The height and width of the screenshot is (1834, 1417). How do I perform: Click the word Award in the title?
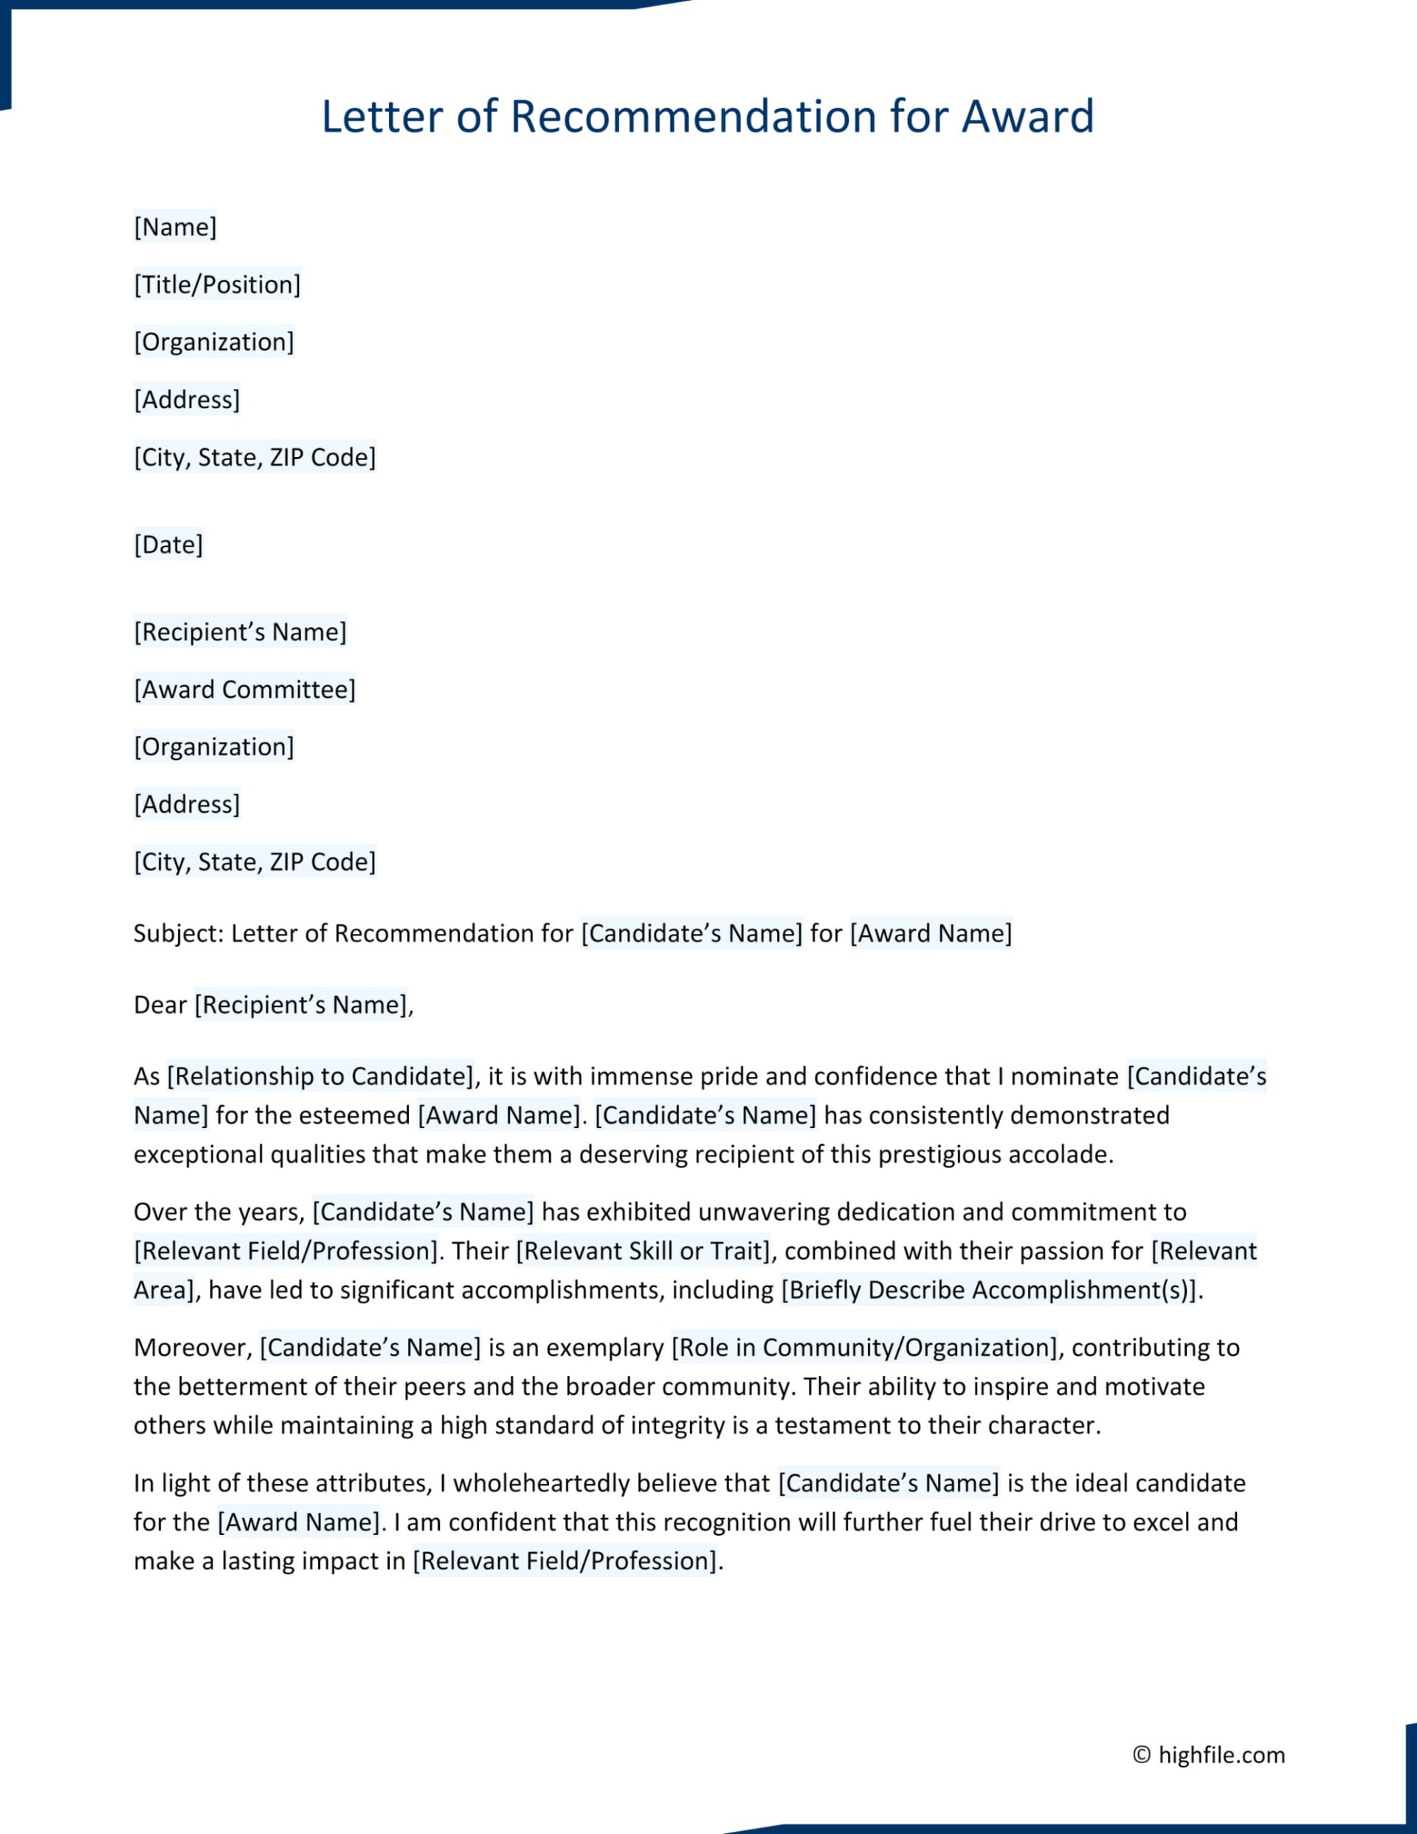[1027, 117]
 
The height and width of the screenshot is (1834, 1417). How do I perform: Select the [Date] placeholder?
[168, 545]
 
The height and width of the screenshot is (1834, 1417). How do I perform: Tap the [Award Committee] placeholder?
[244, 690]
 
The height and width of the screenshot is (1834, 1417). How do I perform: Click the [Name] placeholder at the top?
[175, 227]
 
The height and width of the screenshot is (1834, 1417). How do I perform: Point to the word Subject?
[176, 934]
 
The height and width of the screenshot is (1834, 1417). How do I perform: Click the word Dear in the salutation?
[159, 1005]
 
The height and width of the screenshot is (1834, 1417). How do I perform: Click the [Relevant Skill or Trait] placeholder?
[644, 1251]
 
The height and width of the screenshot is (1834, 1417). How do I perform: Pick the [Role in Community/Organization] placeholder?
[863, 1347]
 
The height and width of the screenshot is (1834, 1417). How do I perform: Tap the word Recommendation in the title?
[694, 117]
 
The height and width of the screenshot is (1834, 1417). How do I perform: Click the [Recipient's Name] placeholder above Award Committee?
[240, 632]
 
